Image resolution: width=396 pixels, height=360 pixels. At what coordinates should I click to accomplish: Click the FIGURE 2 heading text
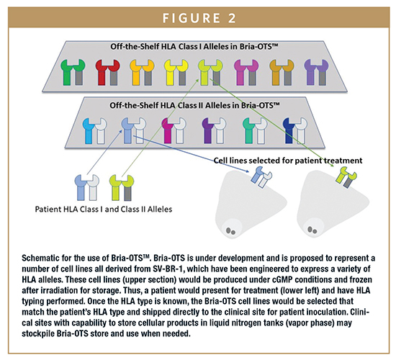[199, 18]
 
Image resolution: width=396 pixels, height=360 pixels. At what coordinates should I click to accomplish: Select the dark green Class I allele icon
[73, 72]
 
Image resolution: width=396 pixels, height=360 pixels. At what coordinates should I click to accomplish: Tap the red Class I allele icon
[107, 72]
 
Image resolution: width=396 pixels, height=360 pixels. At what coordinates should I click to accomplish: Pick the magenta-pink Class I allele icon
[246, 72]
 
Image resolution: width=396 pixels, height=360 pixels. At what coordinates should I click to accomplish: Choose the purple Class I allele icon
[316, 72]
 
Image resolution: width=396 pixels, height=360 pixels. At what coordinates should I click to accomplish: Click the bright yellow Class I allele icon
[176, 72]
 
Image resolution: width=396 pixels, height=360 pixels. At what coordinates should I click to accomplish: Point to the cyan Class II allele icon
[95, 131]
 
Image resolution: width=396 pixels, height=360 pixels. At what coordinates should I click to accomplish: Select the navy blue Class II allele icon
[295, 131]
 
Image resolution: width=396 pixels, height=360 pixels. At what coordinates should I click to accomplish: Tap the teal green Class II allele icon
[255, 131]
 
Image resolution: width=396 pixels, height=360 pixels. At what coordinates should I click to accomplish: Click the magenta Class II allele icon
[174, 131]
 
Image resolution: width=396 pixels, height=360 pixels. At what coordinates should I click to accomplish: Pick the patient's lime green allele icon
[122, 188]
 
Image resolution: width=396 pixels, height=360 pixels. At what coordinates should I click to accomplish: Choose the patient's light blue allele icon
[87, 188]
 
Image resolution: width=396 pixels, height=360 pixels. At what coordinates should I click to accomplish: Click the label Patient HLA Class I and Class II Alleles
[104, 210]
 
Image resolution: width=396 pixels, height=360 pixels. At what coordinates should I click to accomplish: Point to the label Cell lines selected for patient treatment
[288, 161]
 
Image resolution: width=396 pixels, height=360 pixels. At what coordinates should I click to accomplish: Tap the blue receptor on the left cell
[261, 177]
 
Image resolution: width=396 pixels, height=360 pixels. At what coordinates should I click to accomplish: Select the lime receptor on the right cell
[346, 177]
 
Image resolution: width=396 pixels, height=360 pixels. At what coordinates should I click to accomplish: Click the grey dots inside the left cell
[230, 231]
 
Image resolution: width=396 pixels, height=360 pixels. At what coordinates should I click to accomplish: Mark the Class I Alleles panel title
[194, 47]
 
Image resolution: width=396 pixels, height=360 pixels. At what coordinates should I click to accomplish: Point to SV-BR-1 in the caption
[168, 269]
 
